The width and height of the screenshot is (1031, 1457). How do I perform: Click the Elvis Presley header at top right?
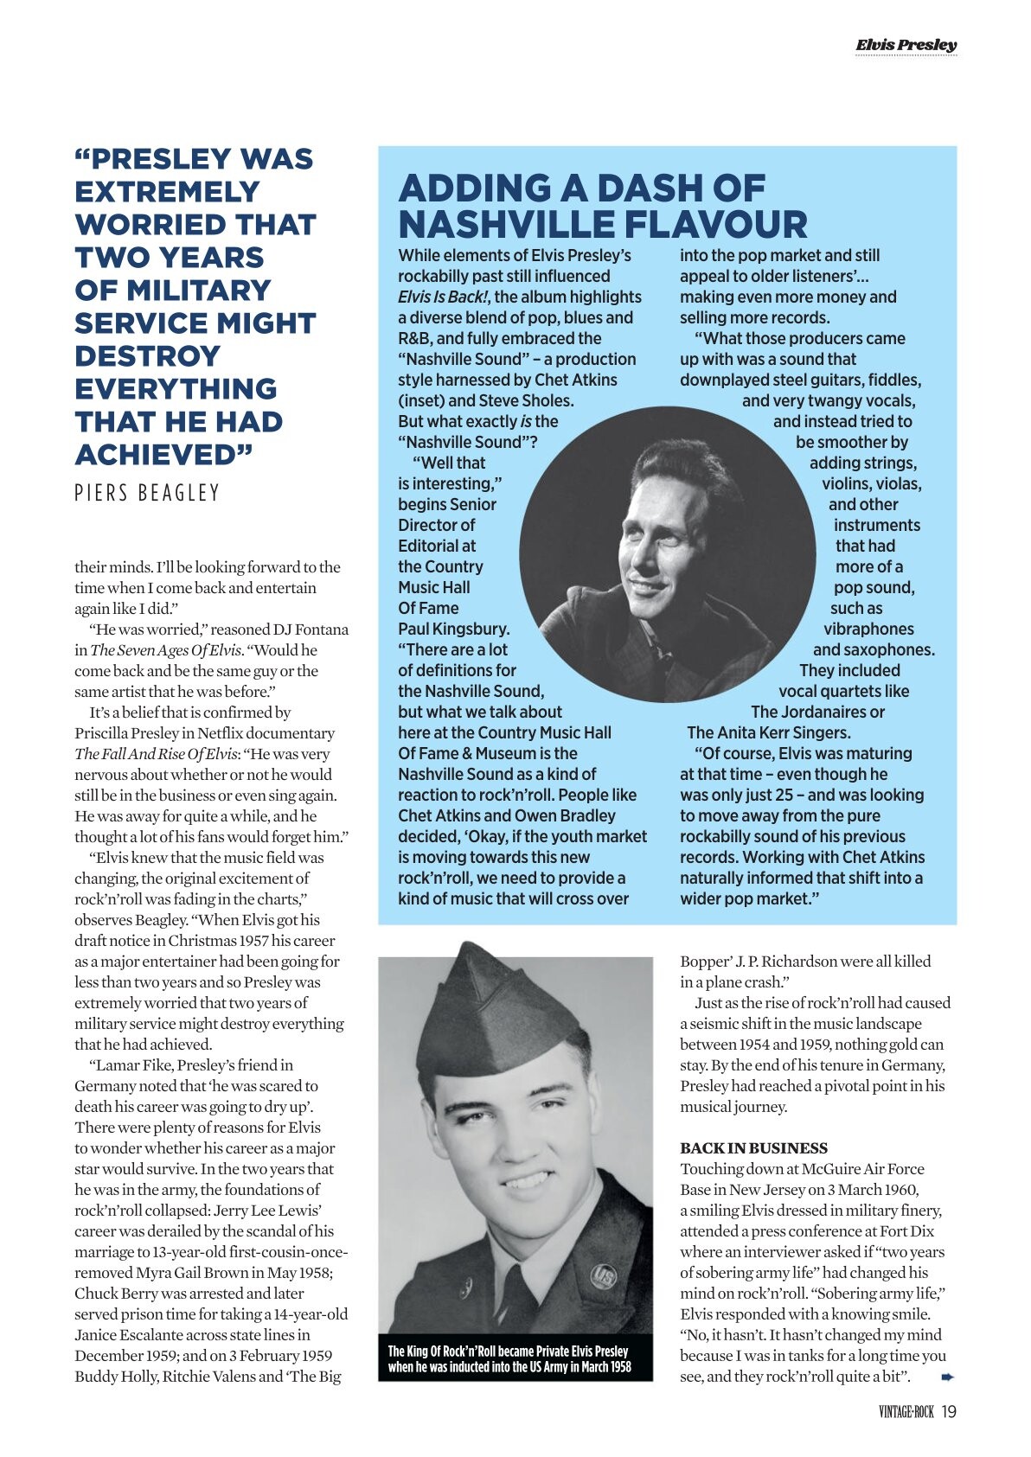(x=906, y=45)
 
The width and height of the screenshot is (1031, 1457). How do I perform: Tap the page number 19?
(x=949, y=1411)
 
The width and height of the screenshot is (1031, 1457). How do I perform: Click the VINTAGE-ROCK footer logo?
(x=906, y=1412)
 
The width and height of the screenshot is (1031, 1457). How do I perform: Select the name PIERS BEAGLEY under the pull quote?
(x=147, y=493)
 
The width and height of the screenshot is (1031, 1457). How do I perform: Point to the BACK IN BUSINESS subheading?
(x=753, y=1148)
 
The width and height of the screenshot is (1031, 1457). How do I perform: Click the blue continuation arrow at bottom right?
(x=947, y=1376)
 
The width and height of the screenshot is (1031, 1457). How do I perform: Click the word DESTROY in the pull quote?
(x=147, y=355)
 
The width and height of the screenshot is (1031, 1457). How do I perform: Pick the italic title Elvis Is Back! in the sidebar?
(x=444, y=297)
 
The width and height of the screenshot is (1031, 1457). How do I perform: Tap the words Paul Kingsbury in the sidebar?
(x=453, y=629)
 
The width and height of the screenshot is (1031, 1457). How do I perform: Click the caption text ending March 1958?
(x=509, y=1367)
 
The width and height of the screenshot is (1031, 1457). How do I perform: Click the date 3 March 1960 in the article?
(x=874, y=1190)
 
